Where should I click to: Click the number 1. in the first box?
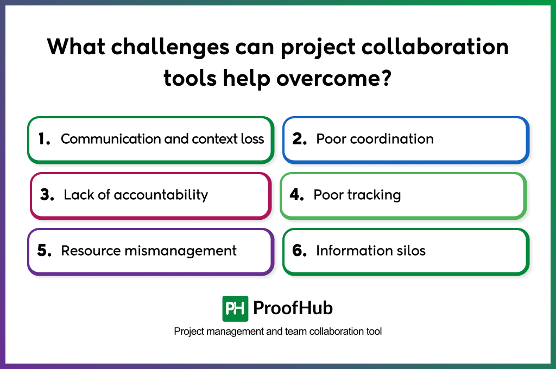pos(45,139)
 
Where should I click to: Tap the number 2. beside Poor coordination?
pos(300,139)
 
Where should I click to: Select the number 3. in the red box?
pos(47,195)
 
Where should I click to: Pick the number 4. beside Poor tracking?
pos(296,195)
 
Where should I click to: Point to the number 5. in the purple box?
pos(45,251)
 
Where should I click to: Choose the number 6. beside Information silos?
pos(300,251)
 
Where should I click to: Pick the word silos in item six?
pos(412,251)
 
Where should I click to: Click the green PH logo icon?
pos(235,309)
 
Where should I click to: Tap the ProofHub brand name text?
pos(293,309)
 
